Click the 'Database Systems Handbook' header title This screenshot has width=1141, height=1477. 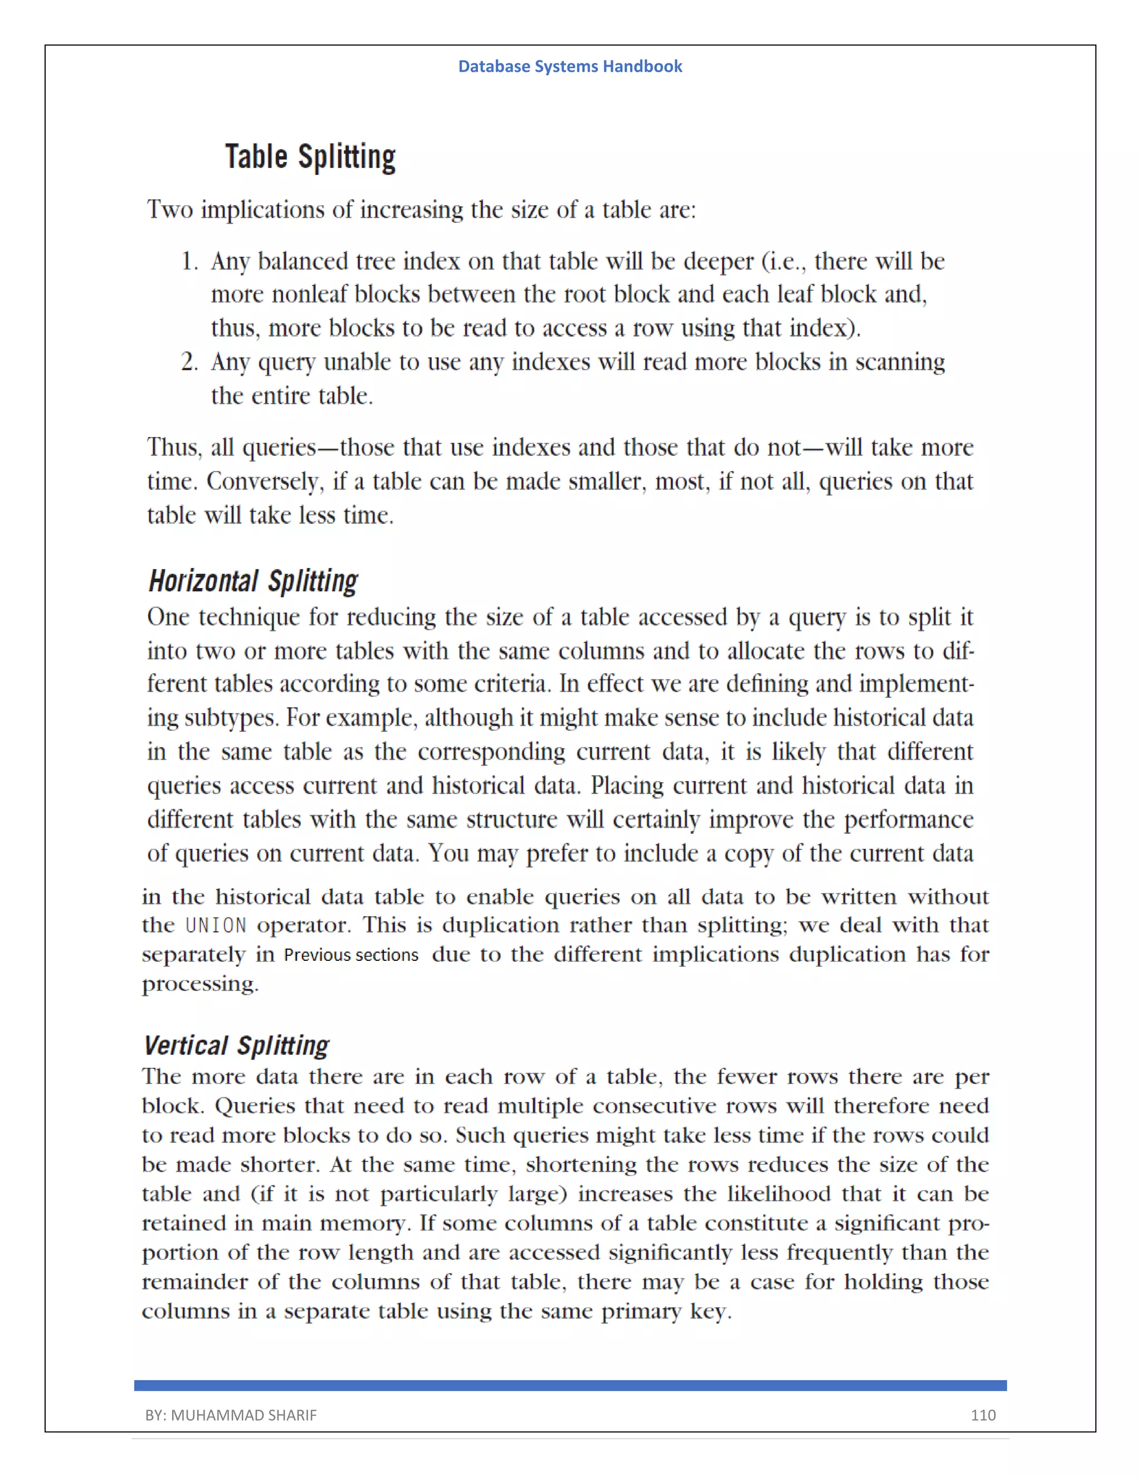point(570,66)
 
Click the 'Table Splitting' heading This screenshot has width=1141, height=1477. point(310,157)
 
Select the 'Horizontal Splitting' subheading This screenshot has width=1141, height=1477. point(253,581)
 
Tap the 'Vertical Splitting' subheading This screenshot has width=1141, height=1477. point(237,1046)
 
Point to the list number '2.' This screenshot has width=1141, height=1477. point(190,362)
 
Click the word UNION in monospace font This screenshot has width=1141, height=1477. point(216,925)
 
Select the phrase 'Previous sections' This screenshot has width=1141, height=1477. point(351,955)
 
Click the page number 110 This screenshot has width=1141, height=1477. point(983,1415)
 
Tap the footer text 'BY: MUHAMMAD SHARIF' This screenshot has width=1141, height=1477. point(231,1415)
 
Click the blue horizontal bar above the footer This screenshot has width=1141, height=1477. point(570,1386)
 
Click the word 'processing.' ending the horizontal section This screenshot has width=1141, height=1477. point(200,984)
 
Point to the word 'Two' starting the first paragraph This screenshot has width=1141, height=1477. point(170,210)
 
